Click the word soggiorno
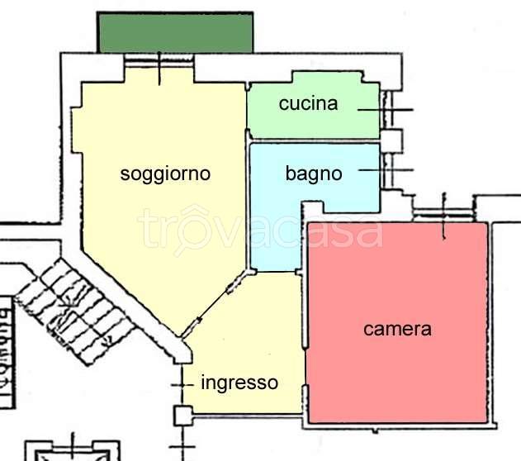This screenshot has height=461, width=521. pyautogui.click(x=165, y=173)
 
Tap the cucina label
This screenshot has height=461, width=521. pyautogui.click(x=308, y=103)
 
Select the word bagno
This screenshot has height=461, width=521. pyautogui.click(x=313, y=173)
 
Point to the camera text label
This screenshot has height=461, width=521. pyautogui.click(x=397, y=329)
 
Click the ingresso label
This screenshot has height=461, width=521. pyautogui.click(x=239, y=383)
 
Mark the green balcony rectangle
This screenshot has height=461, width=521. pyautogui.click(x=175, y=32)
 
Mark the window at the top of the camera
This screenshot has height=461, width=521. pyautogui.click(x=444, y=214)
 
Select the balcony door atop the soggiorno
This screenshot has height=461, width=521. pyautogui.click(x=159, y=61)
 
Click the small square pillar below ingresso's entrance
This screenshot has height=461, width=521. pyautogui.click(x=182, y=415)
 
